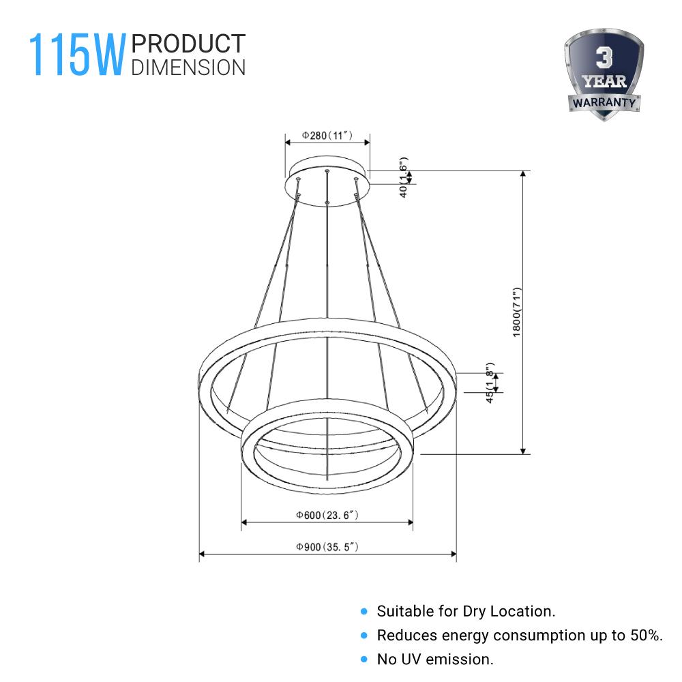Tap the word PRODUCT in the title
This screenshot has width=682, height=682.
tap(188, 44)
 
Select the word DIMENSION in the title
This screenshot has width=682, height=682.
tap(188, 67)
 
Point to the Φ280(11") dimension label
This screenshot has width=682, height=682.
tap(327, 136)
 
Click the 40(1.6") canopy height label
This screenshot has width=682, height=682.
tap(404, 177)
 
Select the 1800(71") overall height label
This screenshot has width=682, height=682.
tap(516, 311)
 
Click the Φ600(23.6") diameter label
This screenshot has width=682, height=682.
tap(327, 516)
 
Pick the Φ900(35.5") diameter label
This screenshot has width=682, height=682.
tap(327, 547)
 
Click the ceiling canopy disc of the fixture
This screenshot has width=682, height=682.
tap(327, 179)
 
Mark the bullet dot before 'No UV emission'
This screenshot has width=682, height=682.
tap(364, 659)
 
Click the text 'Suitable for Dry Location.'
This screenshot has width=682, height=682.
tap(466, 611)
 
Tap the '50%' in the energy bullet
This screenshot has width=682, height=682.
tap(647, 636)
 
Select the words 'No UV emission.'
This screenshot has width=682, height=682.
tap(435, 659)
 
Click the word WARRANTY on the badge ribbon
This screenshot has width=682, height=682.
tap(604, 103)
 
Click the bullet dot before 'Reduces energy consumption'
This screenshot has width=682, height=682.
tap(364, 636)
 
